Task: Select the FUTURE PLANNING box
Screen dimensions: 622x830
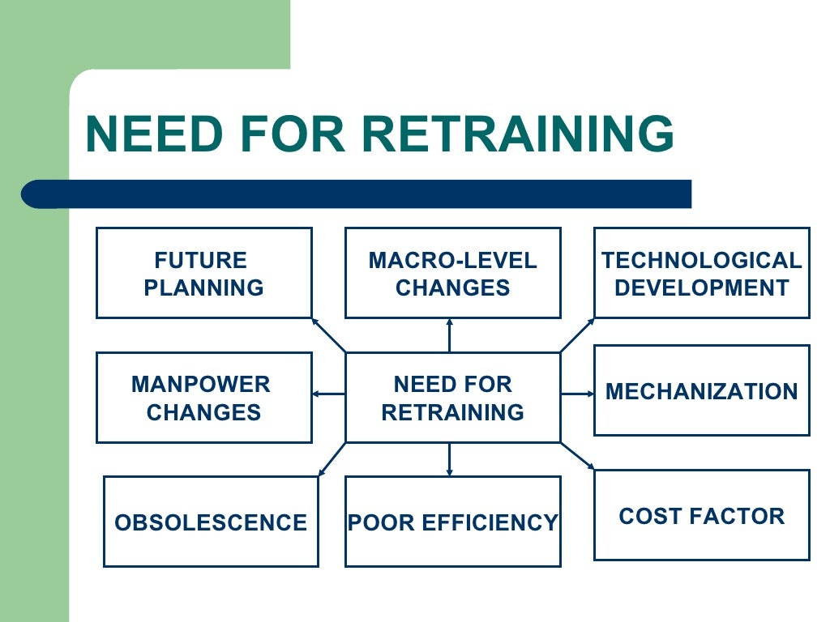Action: click(203, 273)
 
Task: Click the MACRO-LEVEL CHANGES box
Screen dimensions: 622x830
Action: click(452, 273)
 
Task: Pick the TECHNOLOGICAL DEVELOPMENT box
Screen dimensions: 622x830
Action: click(701, 273)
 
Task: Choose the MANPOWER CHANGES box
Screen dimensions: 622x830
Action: click(203, 398)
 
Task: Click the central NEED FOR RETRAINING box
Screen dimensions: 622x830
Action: click(452, 398)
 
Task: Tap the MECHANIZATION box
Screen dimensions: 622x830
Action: click(701, 390)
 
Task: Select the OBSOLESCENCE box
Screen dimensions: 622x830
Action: click(211, 522)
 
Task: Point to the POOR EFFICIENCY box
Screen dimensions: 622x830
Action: click(452, 522)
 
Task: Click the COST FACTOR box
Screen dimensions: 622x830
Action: click(701, 515)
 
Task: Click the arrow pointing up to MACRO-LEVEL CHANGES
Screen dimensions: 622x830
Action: click(449, 335)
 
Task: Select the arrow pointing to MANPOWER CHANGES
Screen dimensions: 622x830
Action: click(329, 394)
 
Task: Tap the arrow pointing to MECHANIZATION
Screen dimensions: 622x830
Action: click(577, 394)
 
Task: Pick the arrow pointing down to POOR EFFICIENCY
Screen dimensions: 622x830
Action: click(449, 459)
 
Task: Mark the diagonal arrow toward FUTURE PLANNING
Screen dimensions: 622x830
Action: click(329, 335)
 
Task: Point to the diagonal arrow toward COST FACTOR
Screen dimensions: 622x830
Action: click(577, 456)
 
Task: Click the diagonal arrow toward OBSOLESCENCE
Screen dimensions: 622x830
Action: click(332, 459)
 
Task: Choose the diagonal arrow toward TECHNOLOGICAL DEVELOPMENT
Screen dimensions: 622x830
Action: click(577, 335)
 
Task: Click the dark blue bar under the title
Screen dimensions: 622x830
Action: click(357, 194)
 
